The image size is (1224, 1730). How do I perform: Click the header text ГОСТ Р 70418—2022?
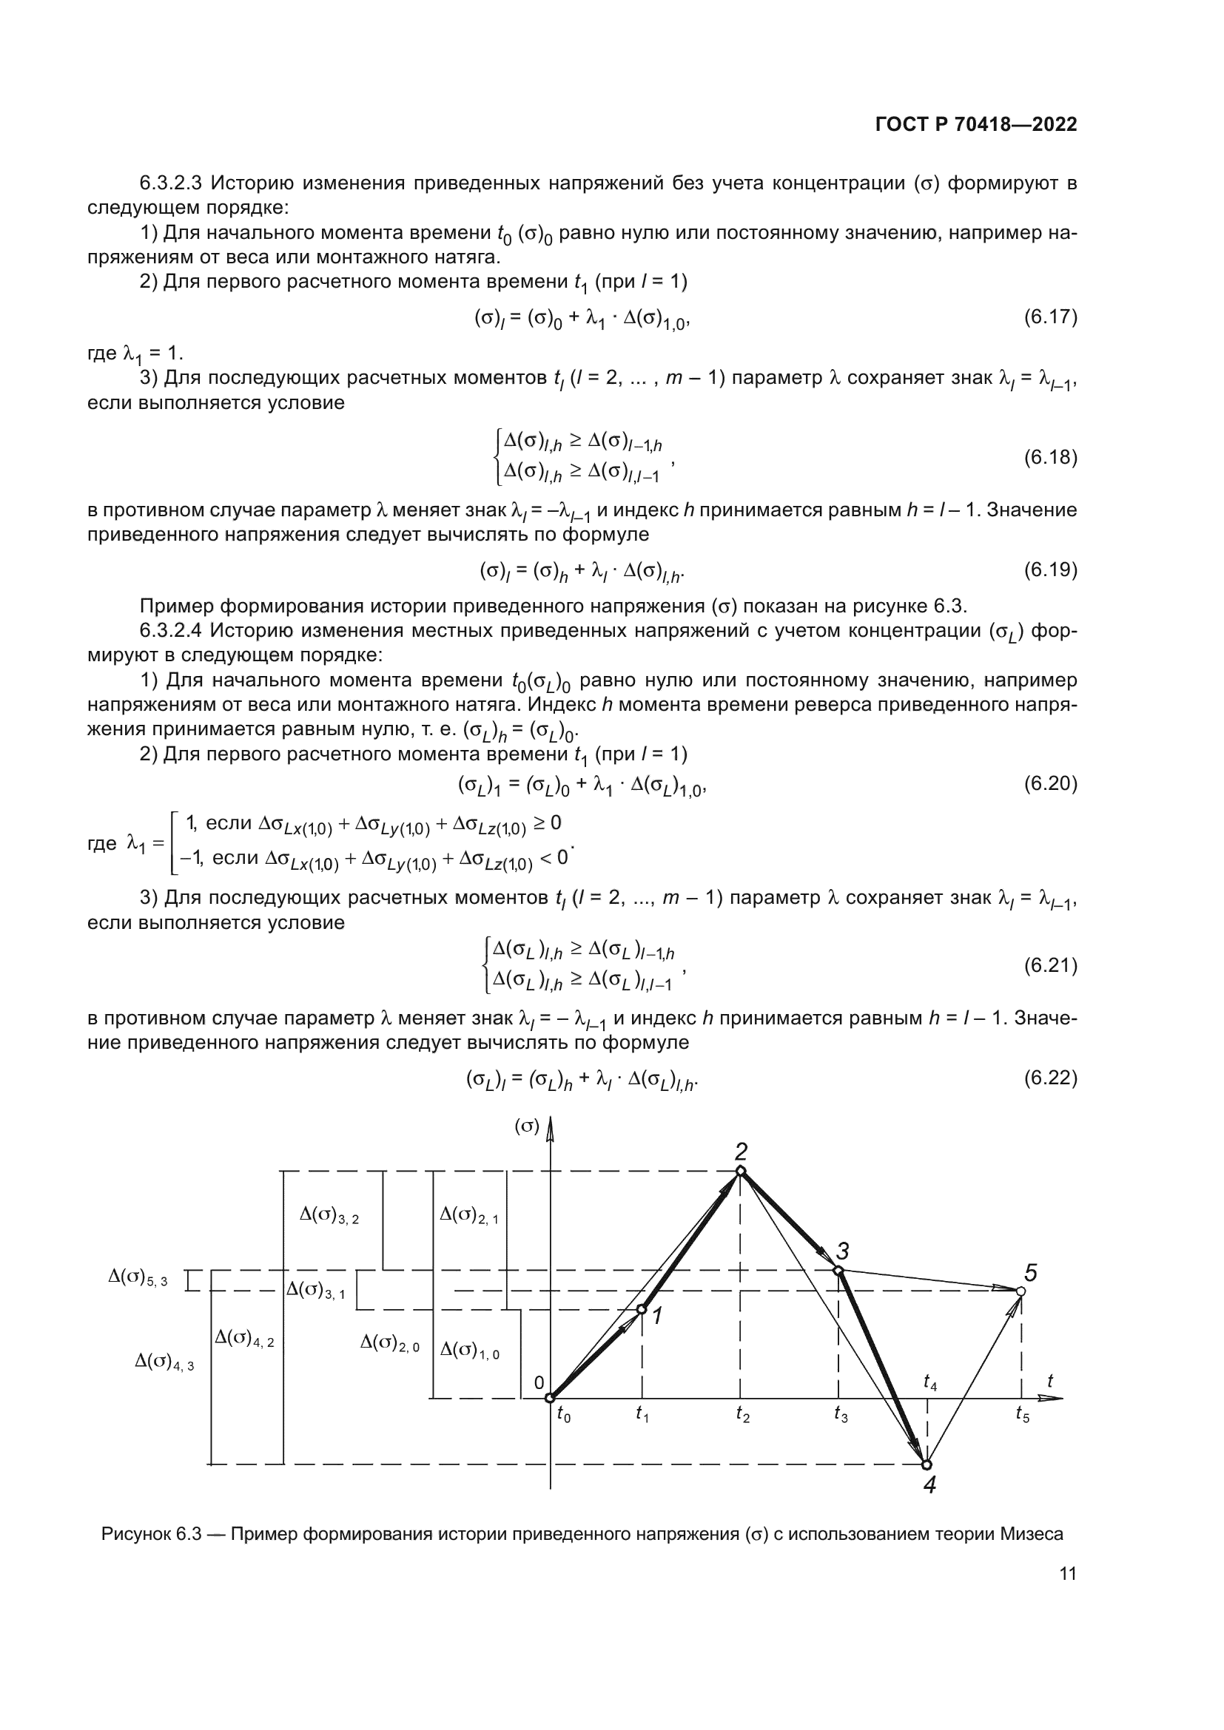pos(976,125)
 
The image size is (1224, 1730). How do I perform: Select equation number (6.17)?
pos(1050,317)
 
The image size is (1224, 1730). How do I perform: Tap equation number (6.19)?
pos(1050,570)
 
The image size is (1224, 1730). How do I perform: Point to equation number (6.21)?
pos(1050,965)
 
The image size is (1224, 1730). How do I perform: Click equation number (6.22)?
pos(1050,1078)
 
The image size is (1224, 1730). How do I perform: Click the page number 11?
pos(1067,1574)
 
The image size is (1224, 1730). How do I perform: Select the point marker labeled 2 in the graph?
pos(740,1171)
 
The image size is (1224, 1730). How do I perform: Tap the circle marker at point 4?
pos(927,1464)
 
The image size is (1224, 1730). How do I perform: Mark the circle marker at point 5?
pos(1021,1291)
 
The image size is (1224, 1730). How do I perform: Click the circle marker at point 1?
pos(642,1310)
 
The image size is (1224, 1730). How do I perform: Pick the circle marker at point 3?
pos(838,1271)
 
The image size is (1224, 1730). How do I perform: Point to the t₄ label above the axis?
pos(930,1382)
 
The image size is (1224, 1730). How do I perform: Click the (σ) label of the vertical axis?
pos(527,1126)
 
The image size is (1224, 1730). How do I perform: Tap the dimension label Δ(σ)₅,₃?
pos(138,1278)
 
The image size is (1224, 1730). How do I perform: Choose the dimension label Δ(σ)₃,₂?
pos(329,1215)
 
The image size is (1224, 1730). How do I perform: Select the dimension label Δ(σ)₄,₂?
pos(244,1338)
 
